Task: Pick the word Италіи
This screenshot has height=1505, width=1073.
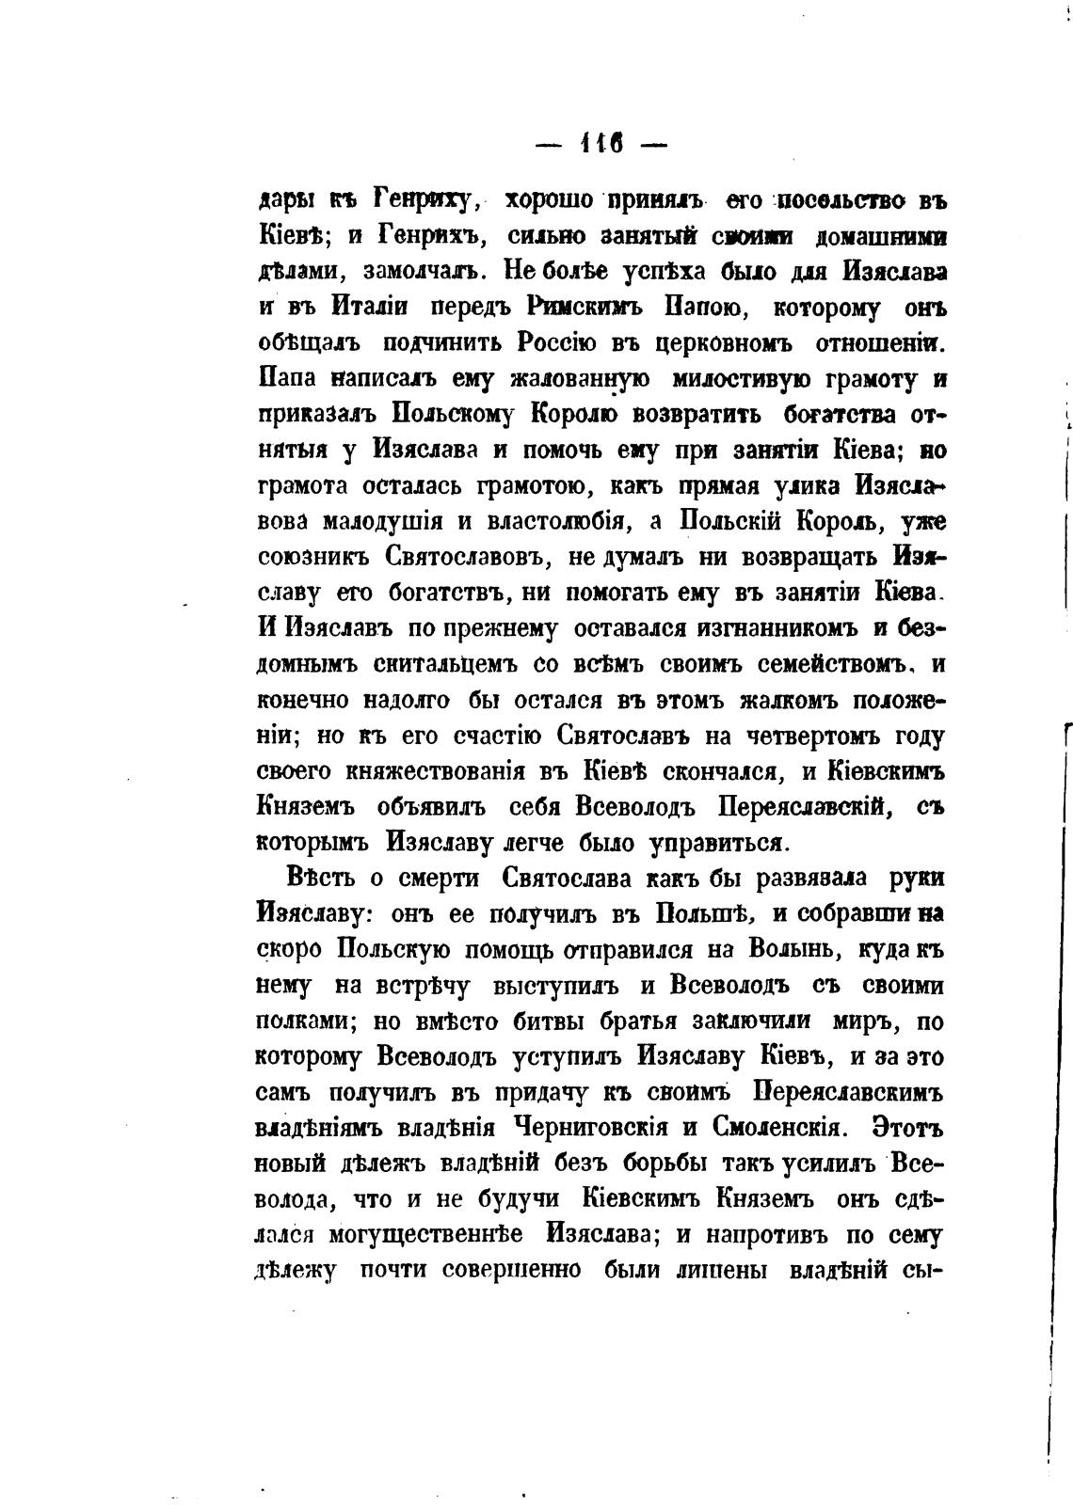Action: [x=369, y=309]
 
